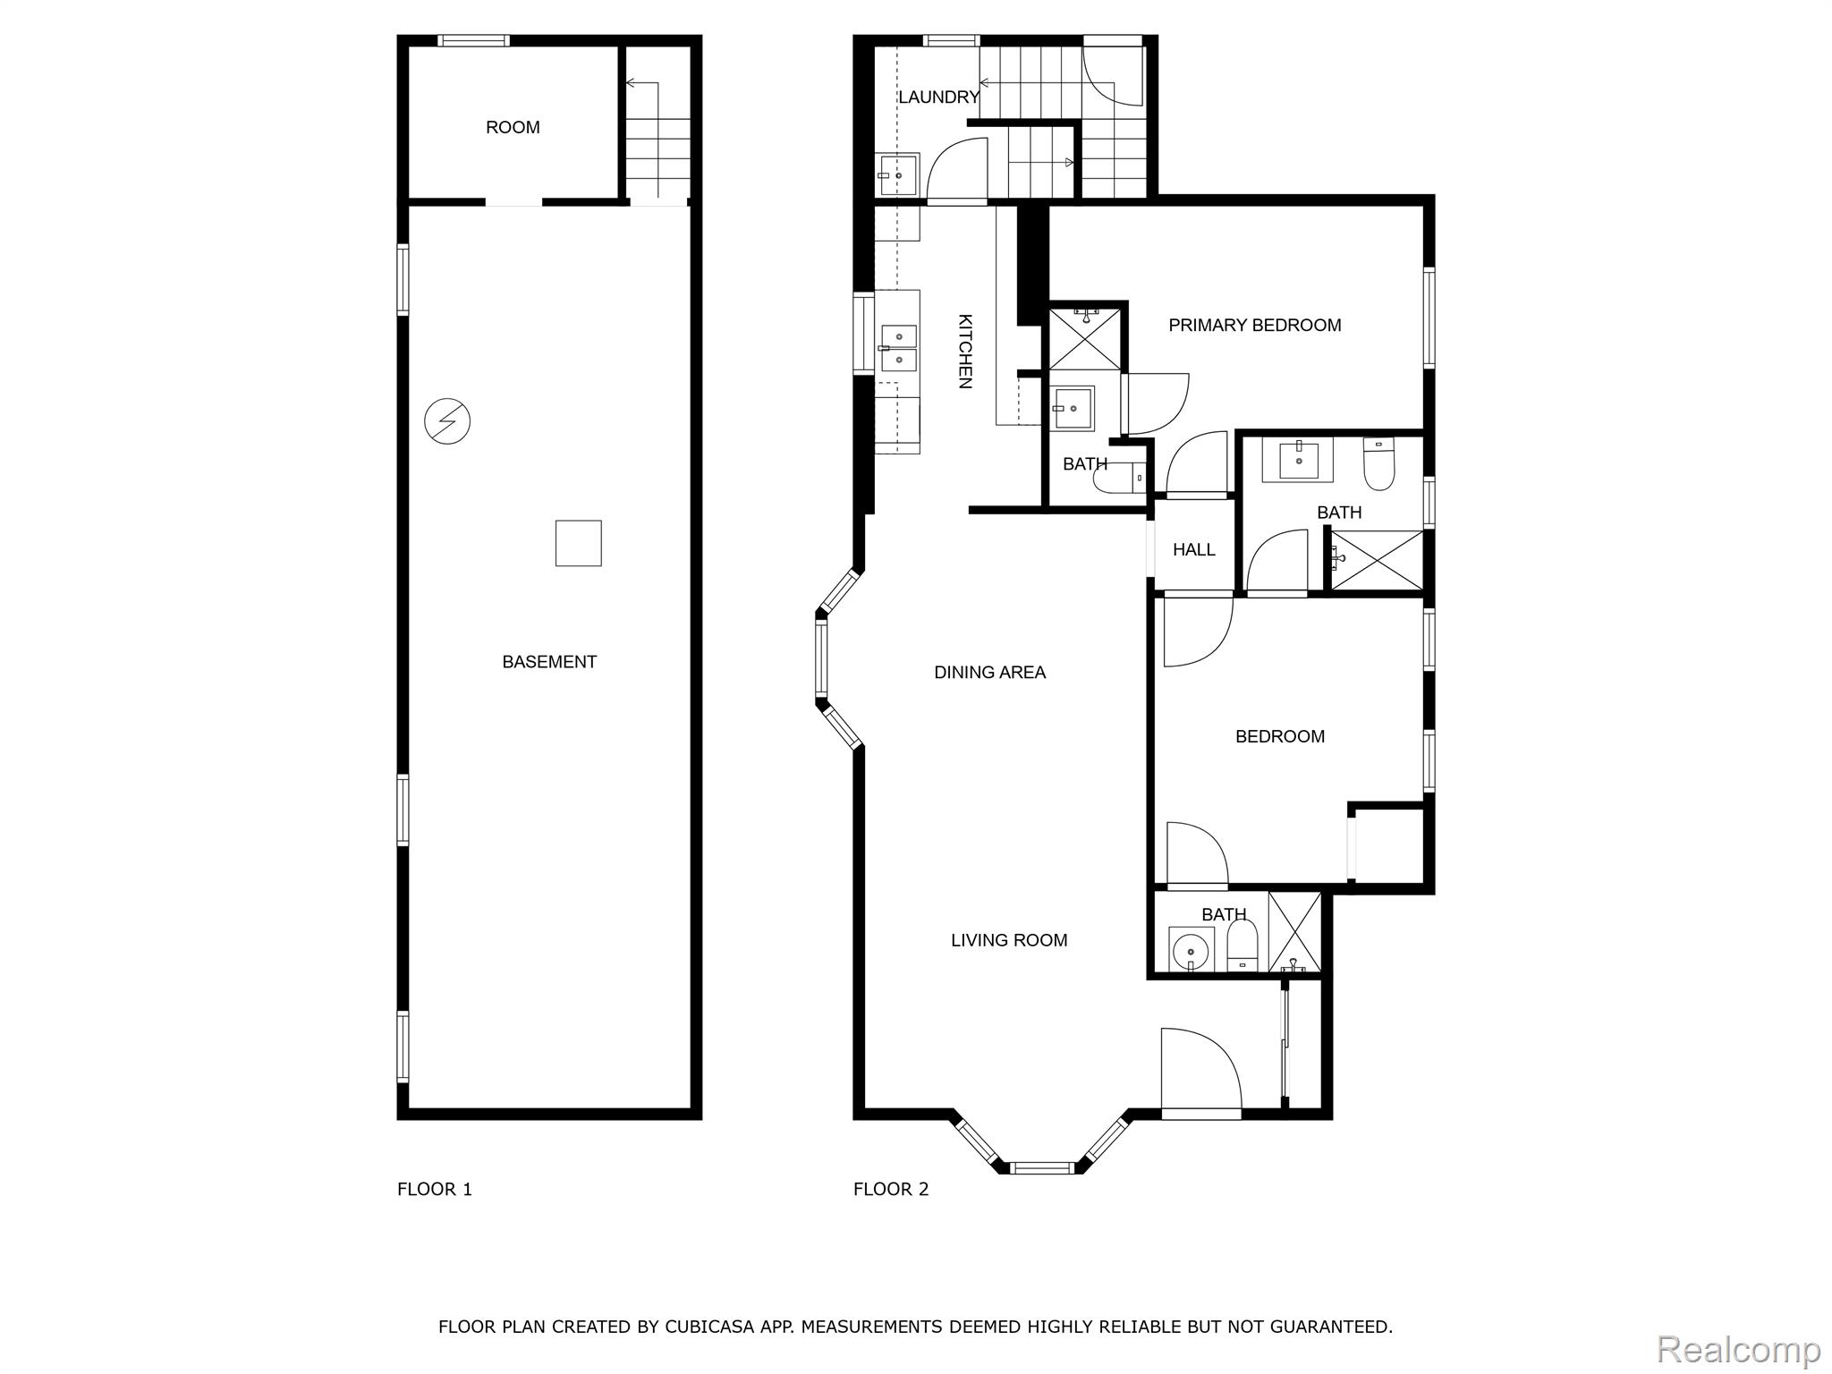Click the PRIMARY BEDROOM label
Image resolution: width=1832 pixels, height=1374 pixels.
click(x=1254, y=326)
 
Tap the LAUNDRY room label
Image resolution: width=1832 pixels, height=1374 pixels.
click(x=938, y=98)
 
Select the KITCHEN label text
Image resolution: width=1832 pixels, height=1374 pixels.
click(x=965, y=351)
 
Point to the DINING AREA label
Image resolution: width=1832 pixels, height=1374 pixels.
click(x=989, y=673)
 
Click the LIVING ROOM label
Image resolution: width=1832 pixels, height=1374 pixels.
click(x=1009, y=940)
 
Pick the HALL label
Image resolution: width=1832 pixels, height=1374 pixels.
click(x=1193, y=550)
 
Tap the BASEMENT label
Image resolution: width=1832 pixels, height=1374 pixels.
click(x=549, y=662)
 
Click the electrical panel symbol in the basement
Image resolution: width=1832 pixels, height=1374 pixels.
click(x=447, y=420)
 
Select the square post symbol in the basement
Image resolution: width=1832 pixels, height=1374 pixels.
click(x=578, y=543)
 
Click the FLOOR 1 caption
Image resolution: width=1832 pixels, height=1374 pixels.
click(x=435, y=1189)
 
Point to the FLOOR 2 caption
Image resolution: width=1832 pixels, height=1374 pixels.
click(x=891, y=1189)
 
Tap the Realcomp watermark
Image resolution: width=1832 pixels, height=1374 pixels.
click(x=1739, y=1348)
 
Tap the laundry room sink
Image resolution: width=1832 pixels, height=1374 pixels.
click(x=897, y=175)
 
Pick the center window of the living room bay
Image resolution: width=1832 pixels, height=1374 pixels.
click(x=1041, y=1166)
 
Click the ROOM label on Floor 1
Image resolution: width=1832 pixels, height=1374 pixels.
click(x=513, y=128)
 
